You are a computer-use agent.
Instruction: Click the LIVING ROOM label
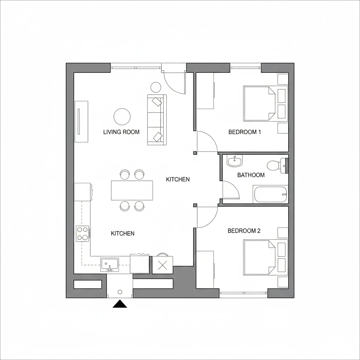(121, 132)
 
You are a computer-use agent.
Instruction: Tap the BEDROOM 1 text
(245, 132)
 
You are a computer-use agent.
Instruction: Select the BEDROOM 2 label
(244, 231)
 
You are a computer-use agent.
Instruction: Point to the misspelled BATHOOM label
(251, 175)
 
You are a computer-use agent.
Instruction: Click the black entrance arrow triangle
(120, 304)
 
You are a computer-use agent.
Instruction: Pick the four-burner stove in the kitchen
(83, 233)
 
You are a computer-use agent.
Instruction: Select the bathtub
(270, 194)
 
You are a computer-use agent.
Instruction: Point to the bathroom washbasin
(234, 161)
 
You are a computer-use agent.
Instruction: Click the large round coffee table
(122, 116)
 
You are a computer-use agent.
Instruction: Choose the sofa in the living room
(156, 120)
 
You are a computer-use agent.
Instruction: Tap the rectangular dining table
(132, 190)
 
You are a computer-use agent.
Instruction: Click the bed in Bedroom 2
(259, 257)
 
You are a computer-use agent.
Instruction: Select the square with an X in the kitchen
(162, 265)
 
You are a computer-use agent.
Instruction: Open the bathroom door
(230, 191)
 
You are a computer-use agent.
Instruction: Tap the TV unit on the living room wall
(81, 122)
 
